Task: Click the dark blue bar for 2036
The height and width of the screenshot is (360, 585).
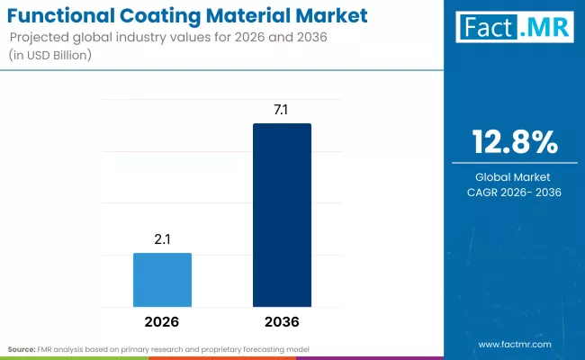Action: (x=282, y=215)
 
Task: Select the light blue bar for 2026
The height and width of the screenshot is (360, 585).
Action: (x=162, y=280)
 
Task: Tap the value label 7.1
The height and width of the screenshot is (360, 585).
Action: (x=282, y=109)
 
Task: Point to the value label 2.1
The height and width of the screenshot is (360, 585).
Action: (x=162, y=238)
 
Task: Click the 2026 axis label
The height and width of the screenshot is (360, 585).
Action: (x=162, y=321)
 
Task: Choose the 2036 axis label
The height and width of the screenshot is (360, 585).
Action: (x=282, y=321)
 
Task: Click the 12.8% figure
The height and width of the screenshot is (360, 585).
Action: (x=515, y=143)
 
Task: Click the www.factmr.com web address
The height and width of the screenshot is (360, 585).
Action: (x=514, y=344)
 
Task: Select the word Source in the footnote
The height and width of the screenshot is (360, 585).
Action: (x=21, y=348)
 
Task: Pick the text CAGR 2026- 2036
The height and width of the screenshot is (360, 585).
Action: (x=515, y=193)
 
